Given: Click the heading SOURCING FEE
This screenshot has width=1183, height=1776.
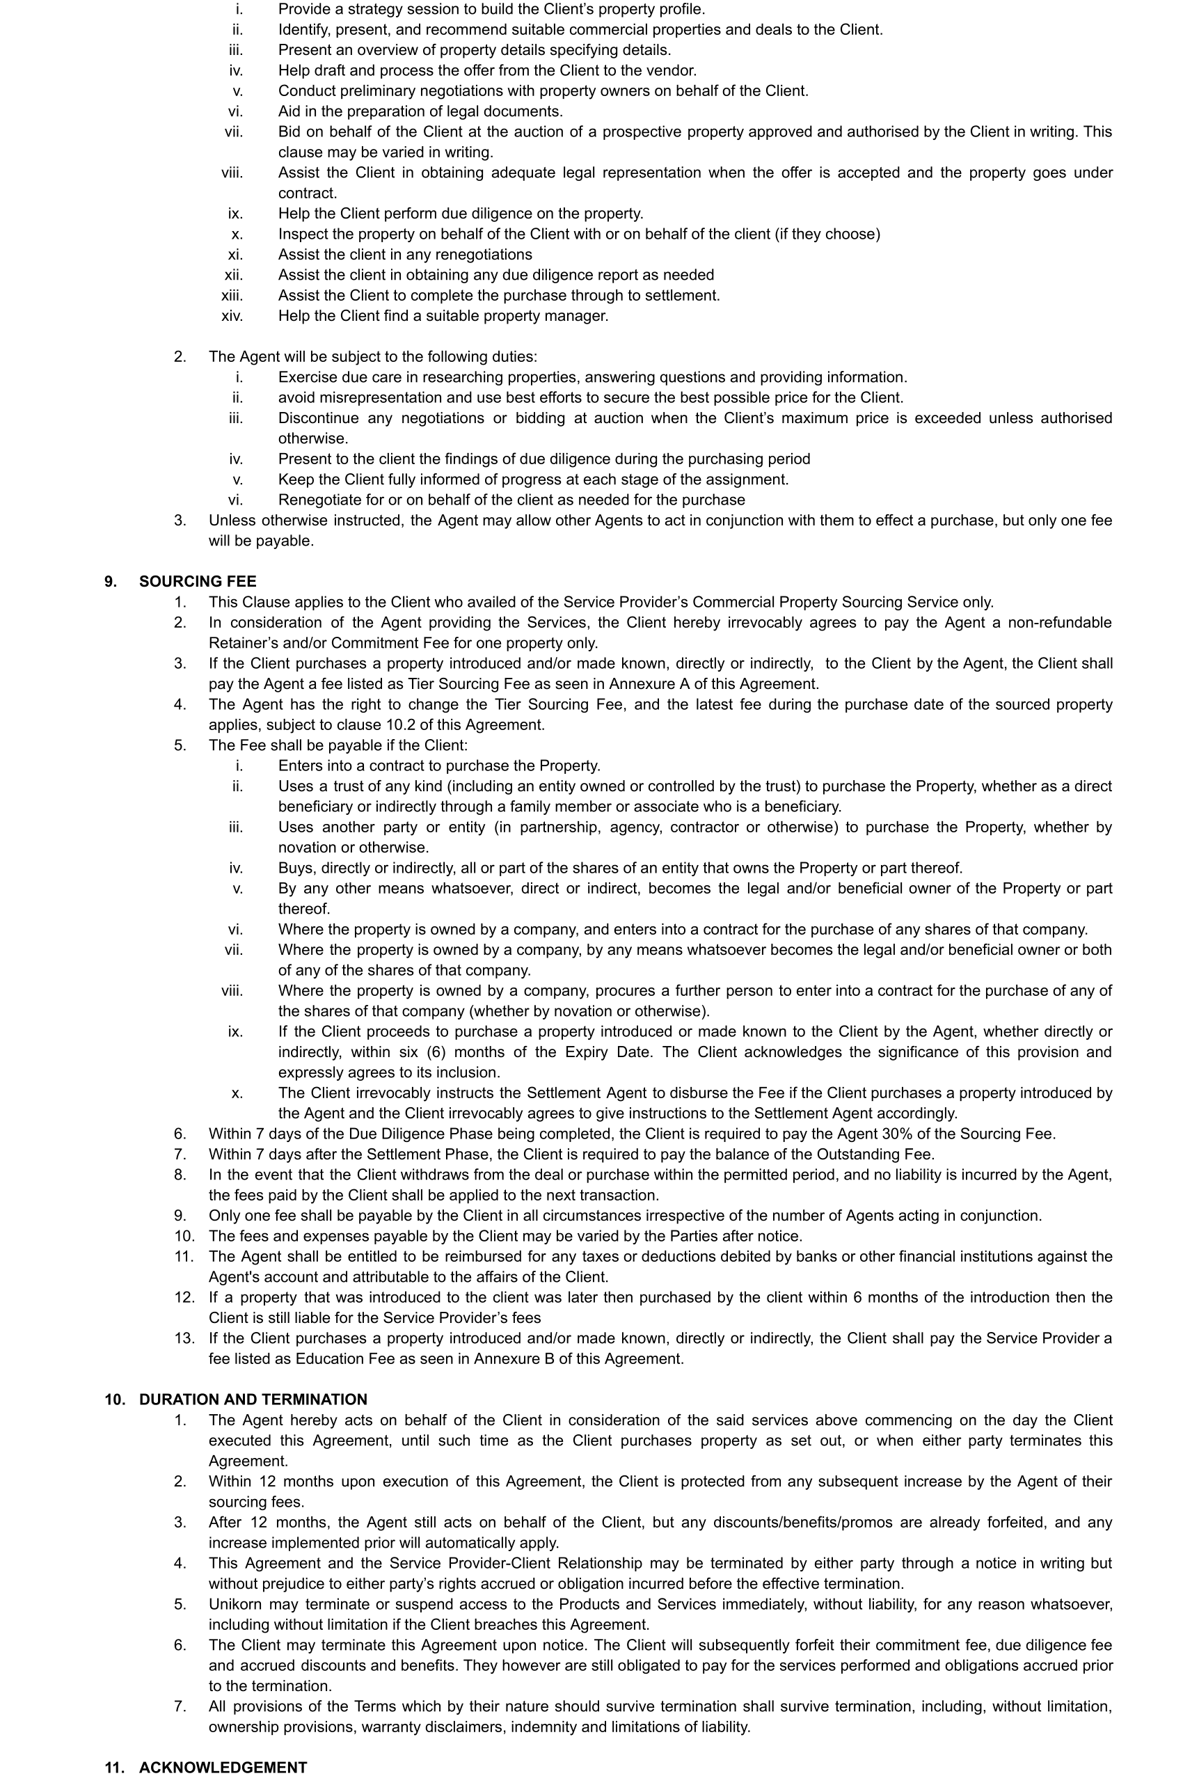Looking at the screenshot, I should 198,582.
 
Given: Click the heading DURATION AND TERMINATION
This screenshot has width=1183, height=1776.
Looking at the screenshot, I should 253,1400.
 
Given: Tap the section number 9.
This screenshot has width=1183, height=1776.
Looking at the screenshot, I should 110,582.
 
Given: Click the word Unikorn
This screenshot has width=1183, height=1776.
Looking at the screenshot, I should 235,1604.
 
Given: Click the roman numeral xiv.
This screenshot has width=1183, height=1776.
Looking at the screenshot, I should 232,316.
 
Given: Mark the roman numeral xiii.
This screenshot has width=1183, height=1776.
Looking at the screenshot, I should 232,296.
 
